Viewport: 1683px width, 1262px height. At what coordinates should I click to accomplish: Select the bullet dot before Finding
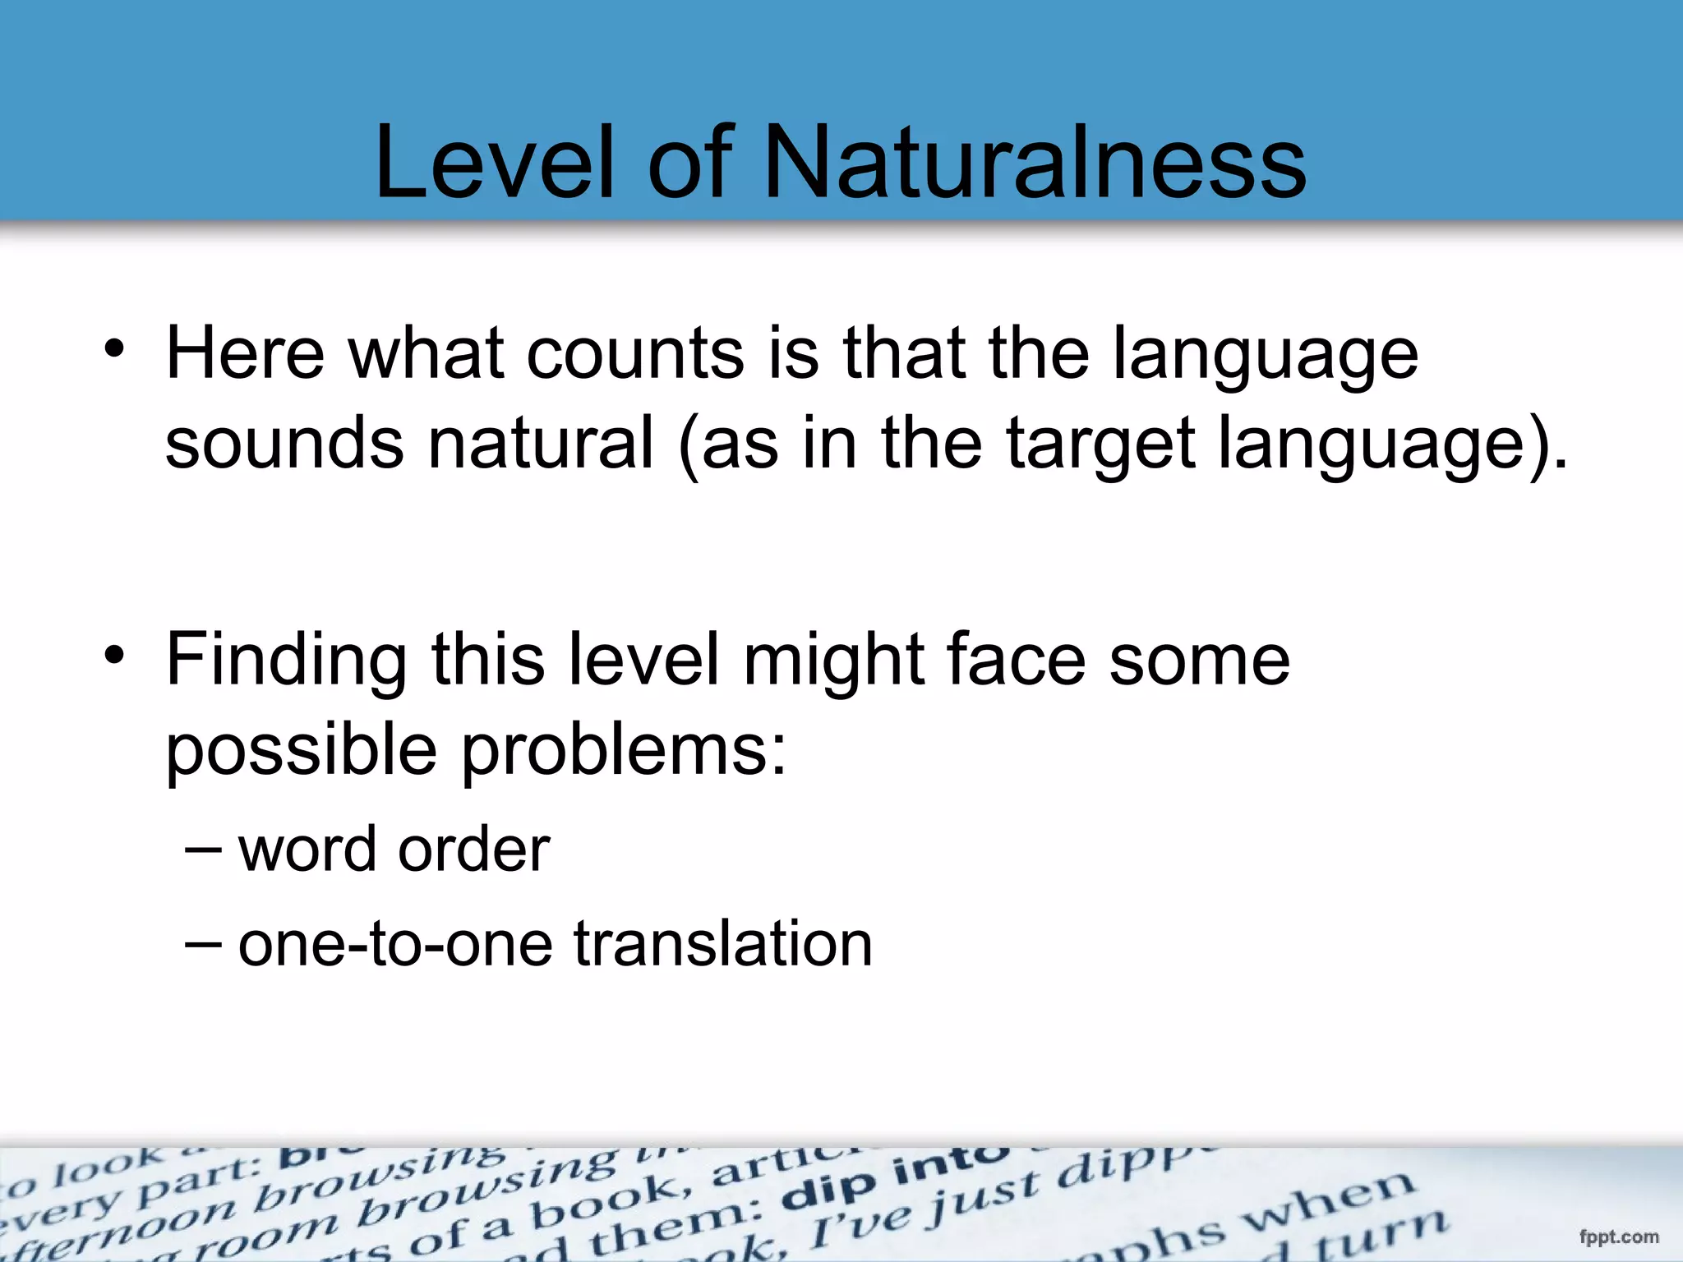[x=115, y=655]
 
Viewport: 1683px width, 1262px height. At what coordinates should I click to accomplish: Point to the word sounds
[x=284, y=444]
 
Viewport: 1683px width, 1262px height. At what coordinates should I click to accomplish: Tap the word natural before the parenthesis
[x=541, y=444]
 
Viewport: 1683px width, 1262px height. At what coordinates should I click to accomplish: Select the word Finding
[x=286, y=661]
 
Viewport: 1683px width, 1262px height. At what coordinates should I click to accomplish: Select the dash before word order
[x=202, y=849]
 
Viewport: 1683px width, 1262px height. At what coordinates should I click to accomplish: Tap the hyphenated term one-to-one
[x=394, y=944]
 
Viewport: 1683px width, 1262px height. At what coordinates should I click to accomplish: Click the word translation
[x=722, y=944]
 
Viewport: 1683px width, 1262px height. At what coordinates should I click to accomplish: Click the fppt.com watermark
[x=1618, y=1237]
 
